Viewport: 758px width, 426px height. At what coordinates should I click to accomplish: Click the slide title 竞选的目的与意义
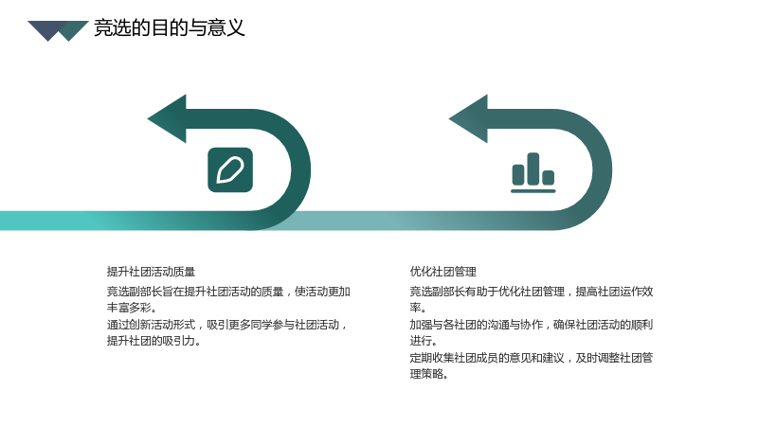(170, 28)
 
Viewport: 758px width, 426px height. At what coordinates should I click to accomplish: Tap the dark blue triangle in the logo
(46, 29)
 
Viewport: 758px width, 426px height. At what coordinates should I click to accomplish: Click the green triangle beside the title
(74, 30)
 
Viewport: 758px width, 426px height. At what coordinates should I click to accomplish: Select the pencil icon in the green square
(230, 170)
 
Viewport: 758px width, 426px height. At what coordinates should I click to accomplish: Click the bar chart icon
(533, 173)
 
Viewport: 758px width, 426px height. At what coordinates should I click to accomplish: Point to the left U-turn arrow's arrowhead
(168, 119)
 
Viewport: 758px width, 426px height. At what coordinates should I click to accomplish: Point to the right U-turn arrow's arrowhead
(469, 119)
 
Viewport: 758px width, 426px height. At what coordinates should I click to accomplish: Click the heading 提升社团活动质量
(151, 272)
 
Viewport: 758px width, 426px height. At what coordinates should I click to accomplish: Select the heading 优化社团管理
(442, 272)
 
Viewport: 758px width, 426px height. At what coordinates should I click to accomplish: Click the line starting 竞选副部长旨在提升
(228, 292)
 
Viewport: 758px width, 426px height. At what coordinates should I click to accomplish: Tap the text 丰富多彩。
(132, 308)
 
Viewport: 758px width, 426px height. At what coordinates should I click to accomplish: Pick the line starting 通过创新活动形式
(227, 325)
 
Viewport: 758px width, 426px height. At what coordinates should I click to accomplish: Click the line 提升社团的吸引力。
(153, 341)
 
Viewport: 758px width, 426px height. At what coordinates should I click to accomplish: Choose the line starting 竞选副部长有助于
(532, 292)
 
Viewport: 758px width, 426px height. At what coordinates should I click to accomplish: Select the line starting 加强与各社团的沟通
(532, 325)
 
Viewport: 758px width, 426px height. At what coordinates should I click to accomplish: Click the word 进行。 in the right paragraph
(424, 341)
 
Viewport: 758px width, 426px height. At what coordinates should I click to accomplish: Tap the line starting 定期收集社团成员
(532, 358)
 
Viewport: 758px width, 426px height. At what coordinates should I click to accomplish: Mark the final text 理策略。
(429, 374)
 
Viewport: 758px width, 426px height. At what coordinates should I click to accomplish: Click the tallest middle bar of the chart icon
(533, 169)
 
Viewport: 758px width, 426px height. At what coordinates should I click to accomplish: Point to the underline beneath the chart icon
(533, 191)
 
